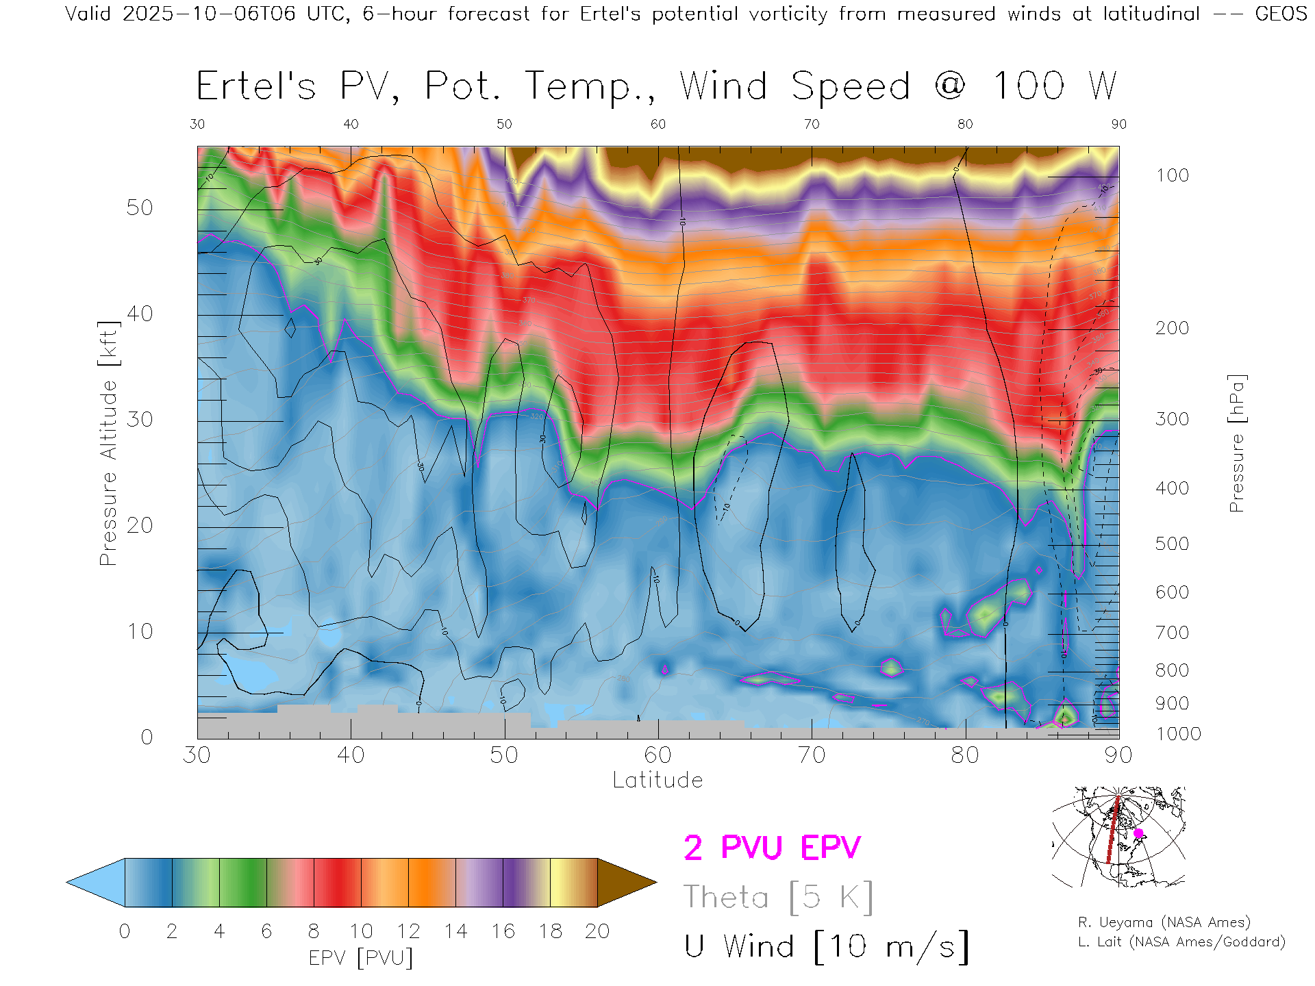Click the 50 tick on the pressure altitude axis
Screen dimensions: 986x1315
click(x=139, y=207)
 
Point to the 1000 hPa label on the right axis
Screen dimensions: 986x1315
click(x=1178, y=734)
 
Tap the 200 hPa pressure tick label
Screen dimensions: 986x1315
click(x=1172, y=328)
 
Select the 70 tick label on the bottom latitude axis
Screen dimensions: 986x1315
click(x=812, y=755)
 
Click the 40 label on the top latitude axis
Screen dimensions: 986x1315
click(x=351, y=124)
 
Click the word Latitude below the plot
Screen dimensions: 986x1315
click(x=657, y=780)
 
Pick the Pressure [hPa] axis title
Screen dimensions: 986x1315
click(x=1237, y=443)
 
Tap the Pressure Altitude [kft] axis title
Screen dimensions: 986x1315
click(x=108, y=443)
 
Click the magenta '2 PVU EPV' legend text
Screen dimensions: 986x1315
click(x=772, y=848)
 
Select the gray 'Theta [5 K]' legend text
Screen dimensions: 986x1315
click(x=778, y=897)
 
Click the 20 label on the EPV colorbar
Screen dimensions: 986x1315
click(x=597, y=931)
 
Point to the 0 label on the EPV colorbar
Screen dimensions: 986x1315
click(x=125, y=931)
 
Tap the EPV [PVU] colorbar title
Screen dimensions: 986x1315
click(x=361, y=958)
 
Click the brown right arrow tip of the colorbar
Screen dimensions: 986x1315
click(x=627, y=883)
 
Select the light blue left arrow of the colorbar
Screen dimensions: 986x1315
click(x=96, y=883)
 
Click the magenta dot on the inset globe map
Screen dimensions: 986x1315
click(x=1138, y=833)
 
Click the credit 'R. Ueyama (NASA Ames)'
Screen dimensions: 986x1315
click(x=1164, y=922)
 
